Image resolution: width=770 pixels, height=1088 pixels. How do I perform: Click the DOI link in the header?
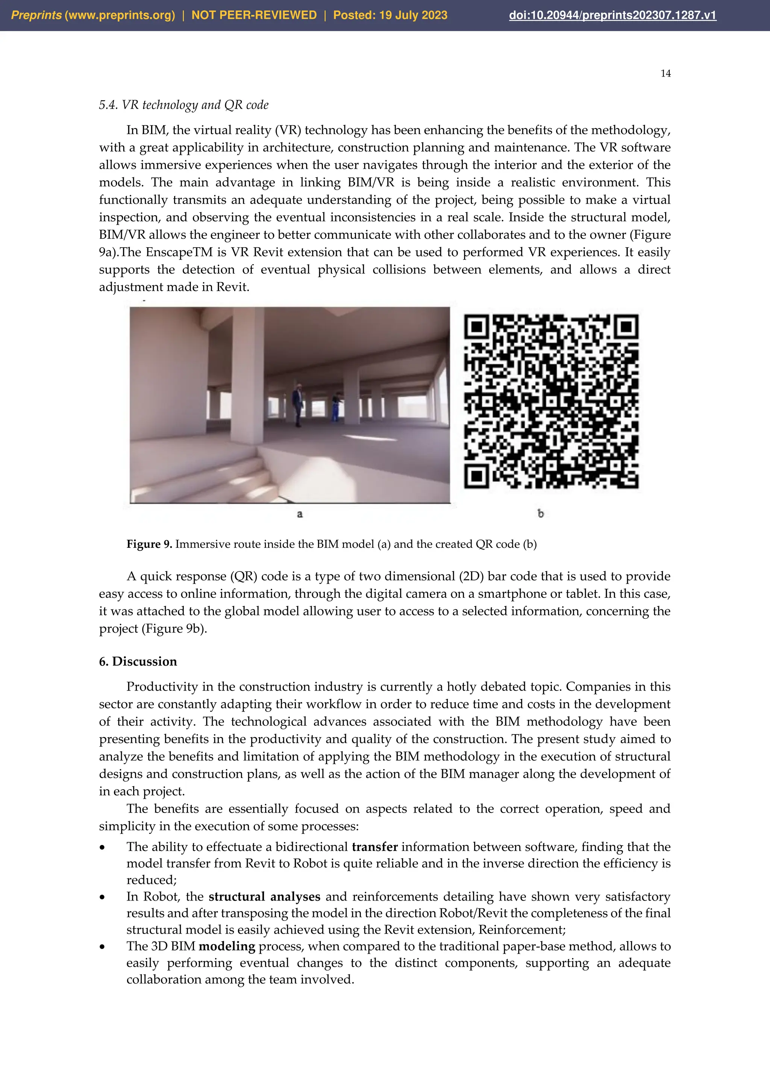coord(612,15)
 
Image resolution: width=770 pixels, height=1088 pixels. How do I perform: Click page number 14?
coord(665,74)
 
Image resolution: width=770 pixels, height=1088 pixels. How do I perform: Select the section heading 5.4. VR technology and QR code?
coord(183,105)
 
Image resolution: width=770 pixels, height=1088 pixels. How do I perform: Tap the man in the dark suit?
coord(298,404)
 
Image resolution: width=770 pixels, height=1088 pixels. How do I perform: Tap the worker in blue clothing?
coord(336,406)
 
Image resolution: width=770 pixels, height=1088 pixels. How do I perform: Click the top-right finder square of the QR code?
coord(626,327)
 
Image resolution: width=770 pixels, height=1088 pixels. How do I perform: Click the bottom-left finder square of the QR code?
coord(476,476)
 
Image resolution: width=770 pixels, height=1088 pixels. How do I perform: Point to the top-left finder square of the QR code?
coord(476,327)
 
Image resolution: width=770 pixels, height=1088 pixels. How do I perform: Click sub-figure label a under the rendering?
coord(300,514)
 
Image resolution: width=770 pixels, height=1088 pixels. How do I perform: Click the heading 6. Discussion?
coord(138,662)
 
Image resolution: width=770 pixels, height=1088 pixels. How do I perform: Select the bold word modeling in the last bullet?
coord(227,946)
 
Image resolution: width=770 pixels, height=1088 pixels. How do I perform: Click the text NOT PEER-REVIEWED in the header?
coord(254,15)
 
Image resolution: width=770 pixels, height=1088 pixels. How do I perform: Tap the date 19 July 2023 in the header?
coord(413,15)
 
